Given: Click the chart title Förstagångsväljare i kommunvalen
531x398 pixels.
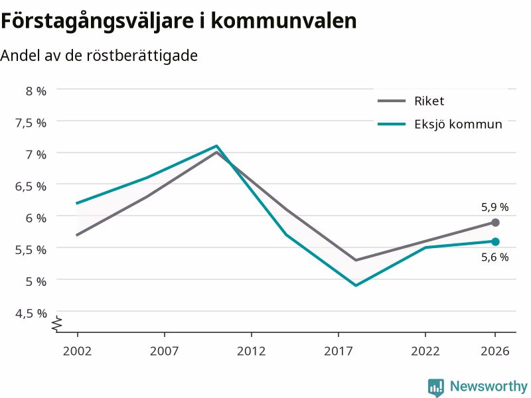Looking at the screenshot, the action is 179,22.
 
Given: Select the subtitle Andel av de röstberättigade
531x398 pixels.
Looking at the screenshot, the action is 99,56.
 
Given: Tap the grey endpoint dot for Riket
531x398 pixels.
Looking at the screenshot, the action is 495,222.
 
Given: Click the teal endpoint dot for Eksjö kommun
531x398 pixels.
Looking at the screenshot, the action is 495,241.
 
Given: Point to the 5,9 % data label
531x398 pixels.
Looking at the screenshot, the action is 494,207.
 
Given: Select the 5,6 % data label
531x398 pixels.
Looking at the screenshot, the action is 494,257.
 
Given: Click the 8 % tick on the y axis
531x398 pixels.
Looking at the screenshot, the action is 36,91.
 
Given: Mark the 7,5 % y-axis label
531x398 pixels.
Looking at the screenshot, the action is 31,123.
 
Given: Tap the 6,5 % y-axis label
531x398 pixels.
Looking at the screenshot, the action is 31,186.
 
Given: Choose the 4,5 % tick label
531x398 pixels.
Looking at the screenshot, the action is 31,313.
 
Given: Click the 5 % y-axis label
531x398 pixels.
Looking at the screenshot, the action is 36,281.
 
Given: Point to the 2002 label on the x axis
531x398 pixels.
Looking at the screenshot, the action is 77,351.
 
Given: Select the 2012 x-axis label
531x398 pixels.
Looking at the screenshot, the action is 252,351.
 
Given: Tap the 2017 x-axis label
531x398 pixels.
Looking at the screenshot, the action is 339,351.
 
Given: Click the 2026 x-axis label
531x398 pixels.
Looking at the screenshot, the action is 494,351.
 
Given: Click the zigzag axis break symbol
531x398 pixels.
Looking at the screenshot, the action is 57,324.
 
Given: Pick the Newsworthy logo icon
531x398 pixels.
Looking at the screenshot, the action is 436,387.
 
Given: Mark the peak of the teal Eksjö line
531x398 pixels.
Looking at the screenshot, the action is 216,146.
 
